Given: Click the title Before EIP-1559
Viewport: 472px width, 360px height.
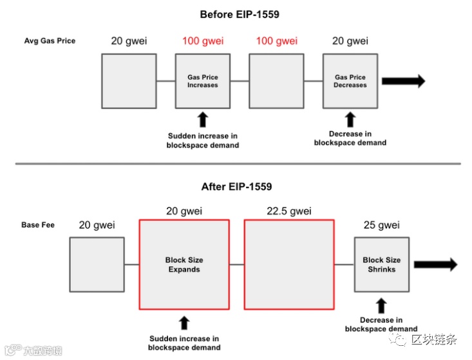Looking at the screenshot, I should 240,14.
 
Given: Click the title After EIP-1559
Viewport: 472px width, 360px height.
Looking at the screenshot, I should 236,187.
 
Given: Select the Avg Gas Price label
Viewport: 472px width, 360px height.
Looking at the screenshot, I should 50,41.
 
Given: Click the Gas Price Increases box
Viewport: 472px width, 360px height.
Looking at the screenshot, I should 203,81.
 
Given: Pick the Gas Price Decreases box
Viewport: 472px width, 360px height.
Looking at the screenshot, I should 350,81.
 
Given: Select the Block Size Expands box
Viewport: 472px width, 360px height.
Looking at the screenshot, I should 184,265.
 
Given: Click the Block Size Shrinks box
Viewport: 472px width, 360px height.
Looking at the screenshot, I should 382,265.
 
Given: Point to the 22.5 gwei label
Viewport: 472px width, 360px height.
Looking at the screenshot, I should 289,211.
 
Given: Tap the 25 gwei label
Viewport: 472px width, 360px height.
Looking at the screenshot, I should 381,225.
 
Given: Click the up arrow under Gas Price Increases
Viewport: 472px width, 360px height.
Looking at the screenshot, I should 203,119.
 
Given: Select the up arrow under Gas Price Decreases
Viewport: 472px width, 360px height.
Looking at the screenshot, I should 350,119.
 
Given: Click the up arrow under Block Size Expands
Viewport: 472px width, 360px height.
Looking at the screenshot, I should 184,323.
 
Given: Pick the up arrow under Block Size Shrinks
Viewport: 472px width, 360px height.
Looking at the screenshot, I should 382,305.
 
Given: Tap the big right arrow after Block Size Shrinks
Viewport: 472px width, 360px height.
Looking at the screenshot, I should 435,265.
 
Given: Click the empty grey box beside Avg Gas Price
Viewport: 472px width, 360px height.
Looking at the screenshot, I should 129,81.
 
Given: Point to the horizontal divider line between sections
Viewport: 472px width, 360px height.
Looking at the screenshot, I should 236,164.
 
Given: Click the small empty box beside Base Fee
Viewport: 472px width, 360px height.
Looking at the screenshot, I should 97,265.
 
